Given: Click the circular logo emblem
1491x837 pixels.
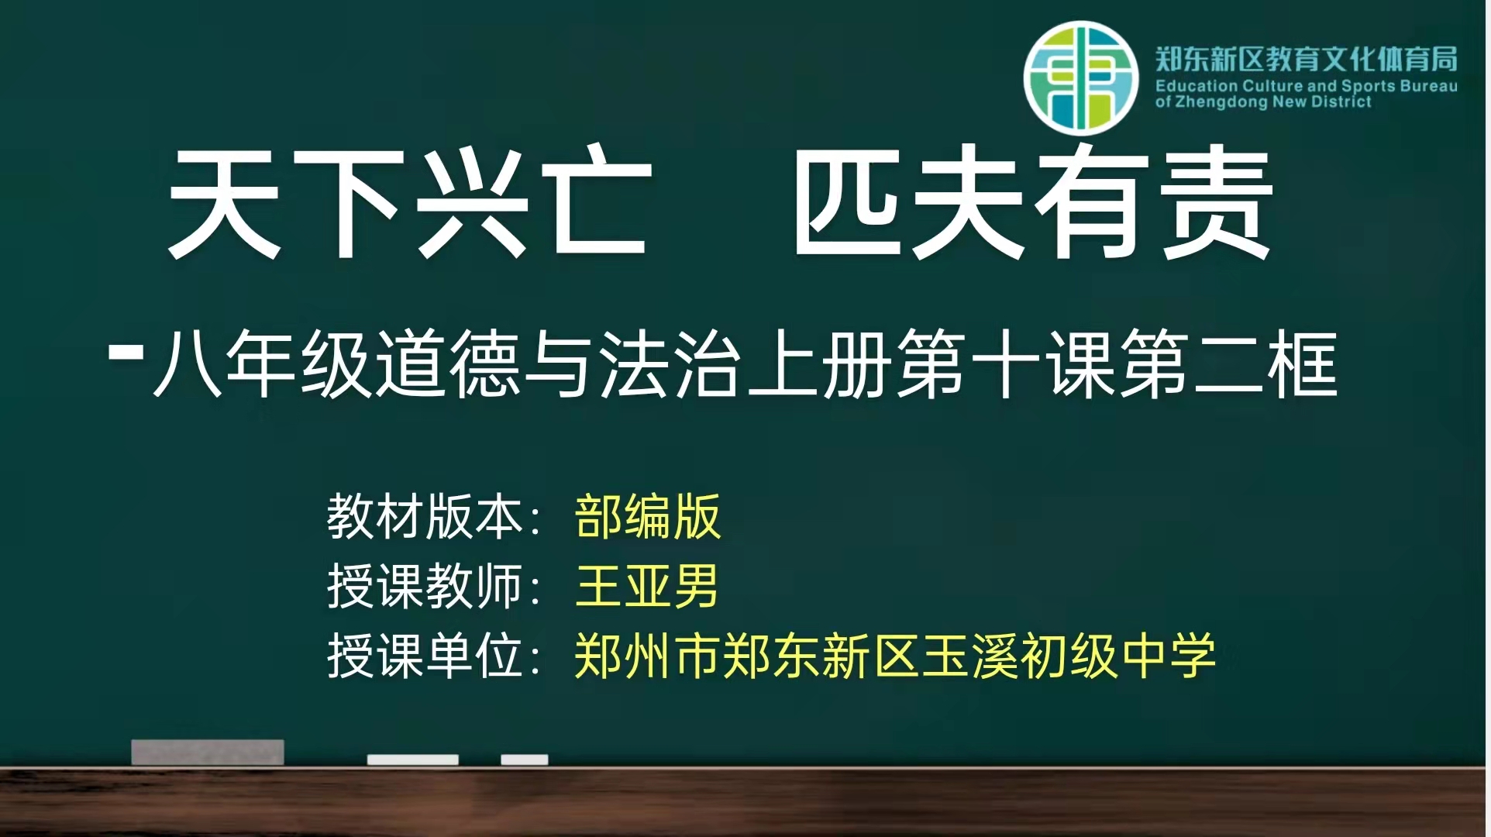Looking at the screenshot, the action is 1081,78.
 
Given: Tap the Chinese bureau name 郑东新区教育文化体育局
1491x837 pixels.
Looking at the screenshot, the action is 1307,59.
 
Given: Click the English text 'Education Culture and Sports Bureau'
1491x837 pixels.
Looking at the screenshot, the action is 1307,86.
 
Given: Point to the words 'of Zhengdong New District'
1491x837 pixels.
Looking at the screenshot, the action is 1263,102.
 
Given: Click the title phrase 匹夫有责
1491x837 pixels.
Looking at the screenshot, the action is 1033,203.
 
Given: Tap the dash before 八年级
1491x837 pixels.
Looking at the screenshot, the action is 126,353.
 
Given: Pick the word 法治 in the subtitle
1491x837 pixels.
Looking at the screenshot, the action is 670,363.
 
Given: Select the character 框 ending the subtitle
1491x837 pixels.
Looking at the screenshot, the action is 1303,363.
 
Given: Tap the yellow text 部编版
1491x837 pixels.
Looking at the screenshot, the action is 648,517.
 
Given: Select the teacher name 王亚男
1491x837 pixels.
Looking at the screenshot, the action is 648,586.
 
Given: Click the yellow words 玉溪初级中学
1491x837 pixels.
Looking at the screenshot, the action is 1068,656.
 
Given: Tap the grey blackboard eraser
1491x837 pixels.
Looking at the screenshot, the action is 208,752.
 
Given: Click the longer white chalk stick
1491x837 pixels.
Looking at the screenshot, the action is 413,759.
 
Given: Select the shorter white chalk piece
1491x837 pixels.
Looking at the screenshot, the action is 525,759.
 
